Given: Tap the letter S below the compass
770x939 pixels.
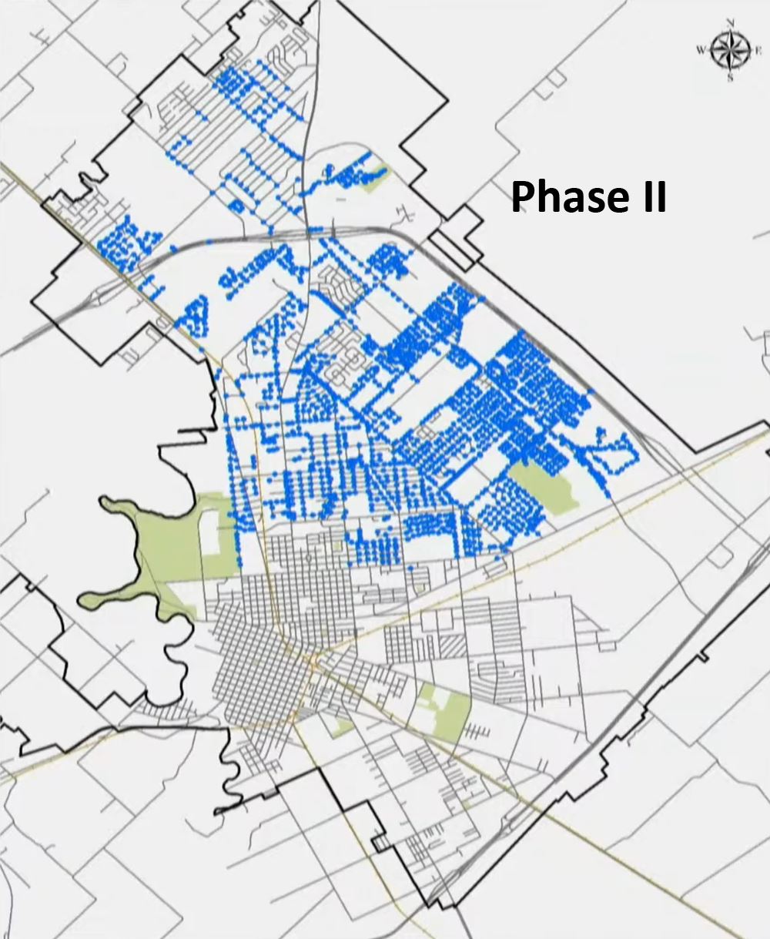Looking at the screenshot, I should tap(730, 78).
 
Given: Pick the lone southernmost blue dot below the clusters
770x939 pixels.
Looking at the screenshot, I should tap(410, 568).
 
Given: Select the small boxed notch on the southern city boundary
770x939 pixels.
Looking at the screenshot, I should tap(380, 843).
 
